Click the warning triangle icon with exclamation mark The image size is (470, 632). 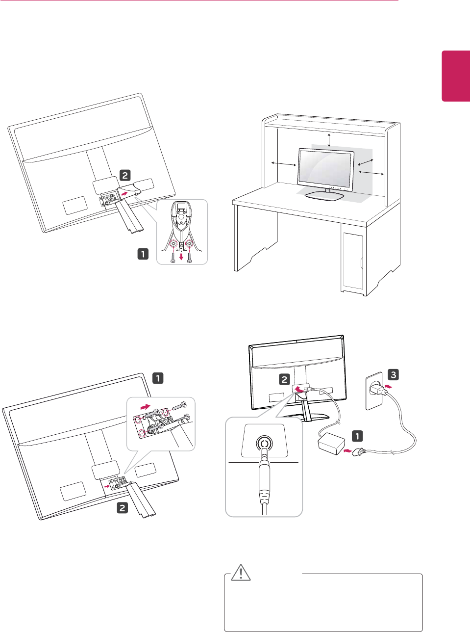[241, 573]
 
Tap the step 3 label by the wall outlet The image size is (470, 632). [393, 375]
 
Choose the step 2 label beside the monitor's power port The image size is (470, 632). [285, 379]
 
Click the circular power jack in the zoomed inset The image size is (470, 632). [264, 445]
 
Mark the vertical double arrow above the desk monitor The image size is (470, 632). [329, 139]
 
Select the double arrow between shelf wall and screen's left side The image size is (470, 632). [284, 163]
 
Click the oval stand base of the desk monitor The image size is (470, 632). [324, 196]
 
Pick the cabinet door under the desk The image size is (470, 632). [353, 260]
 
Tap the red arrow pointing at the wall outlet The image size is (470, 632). [389, 387]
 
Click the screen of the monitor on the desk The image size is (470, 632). [326, 170]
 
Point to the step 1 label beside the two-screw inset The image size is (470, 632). [143, 254]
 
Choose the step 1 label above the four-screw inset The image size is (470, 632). [158, 378]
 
